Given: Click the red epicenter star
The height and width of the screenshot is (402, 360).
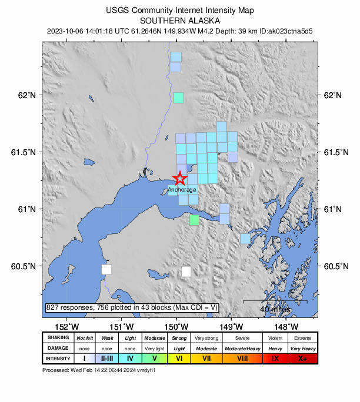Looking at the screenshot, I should point(180,179).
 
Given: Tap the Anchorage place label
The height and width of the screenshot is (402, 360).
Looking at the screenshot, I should point(182,190).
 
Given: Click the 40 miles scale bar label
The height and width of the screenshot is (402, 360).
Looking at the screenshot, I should point(275,309).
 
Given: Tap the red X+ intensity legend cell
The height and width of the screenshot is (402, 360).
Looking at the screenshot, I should point(302,359).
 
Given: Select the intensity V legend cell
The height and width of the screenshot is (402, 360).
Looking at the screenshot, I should point(154,359).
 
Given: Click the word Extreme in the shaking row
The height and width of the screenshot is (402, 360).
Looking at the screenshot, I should point(302,338).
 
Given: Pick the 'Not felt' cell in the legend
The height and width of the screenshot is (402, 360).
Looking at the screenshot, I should point(85,338).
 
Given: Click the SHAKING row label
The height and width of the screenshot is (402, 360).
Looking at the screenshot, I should point(58,338).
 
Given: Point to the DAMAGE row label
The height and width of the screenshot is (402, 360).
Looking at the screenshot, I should point(58,349).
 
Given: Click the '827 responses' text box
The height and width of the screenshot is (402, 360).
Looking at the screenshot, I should point(132,307).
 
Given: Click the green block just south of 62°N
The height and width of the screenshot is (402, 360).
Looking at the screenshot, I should point(178,98).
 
